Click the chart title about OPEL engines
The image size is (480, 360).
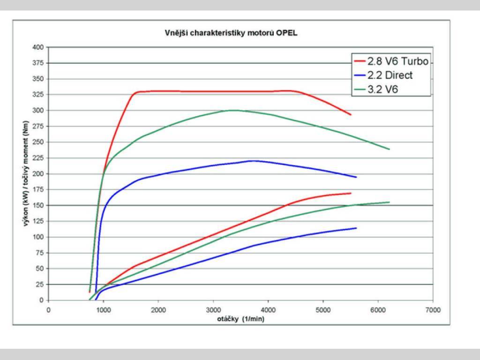coord(231,33)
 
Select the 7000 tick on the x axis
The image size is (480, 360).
coord(433,310)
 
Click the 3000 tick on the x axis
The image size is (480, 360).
coord(213,310)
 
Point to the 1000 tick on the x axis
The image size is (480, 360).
coord(103,310)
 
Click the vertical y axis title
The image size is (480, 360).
coord(28,174)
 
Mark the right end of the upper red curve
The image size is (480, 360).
coord(351,114)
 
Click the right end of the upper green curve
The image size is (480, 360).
coord(389,149)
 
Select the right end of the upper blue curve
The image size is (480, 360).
coord(356,177)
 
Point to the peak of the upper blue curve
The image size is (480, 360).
coord(252,161)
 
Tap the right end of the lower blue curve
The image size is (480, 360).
coord(356,228)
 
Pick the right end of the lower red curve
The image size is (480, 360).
coord(351,193)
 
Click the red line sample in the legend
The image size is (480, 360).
coord(360,60)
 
